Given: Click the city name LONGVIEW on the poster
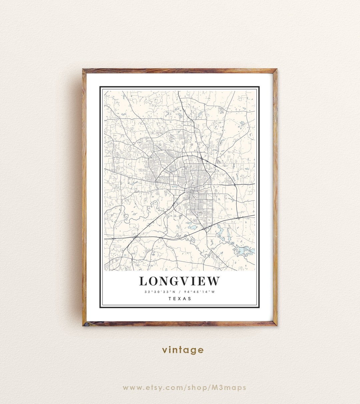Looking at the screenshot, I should click(179, 281).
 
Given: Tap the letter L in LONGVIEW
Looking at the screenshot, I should click(143, 281).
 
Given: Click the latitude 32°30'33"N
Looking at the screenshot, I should click(160, 292).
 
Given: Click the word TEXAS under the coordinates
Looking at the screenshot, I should click(180, 299).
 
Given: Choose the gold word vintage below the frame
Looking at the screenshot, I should click(183, 350).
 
